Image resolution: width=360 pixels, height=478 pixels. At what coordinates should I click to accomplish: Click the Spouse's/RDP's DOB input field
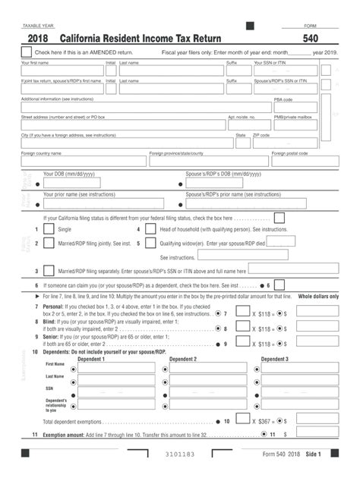click(243, 183)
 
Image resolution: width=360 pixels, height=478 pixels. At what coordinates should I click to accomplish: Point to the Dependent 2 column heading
click(183, 359)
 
